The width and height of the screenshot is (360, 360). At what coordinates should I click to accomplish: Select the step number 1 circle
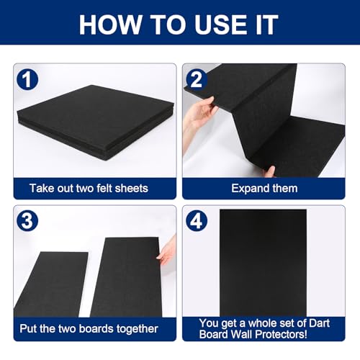pos(28,81)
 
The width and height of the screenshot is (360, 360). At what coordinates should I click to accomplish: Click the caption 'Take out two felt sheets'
pos(89,188)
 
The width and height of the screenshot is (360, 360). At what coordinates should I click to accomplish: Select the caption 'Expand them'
pos(264,188)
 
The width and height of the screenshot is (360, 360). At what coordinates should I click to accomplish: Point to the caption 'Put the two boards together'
pos(89,328)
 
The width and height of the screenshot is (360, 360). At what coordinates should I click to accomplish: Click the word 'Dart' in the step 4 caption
pos(318,323)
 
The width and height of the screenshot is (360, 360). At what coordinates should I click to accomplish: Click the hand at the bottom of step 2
pos(269,171)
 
